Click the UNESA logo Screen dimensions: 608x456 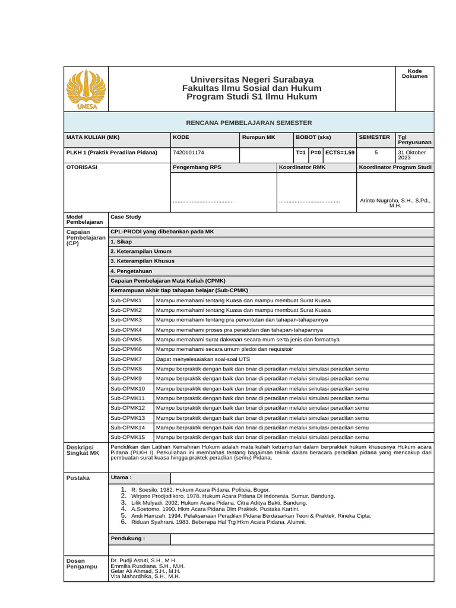click(x=86, y=89)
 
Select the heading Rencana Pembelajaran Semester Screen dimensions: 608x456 click(x=249, y=122)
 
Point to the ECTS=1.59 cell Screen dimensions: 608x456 click(x=340, y=153)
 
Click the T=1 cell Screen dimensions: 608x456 click(x=301, y=153)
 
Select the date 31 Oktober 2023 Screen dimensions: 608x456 click(x=412, y=156)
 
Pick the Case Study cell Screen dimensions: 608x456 click(x=126, y=217)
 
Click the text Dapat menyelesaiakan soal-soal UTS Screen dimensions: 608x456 click(x=202, y=359)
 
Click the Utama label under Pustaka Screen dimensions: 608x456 click(x=121, y=477)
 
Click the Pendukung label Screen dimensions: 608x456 click(x=128, y=539)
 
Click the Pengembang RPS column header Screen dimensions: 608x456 click(x=197, y=168)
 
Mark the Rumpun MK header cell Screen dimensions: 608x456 click(x=259, y=137)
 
